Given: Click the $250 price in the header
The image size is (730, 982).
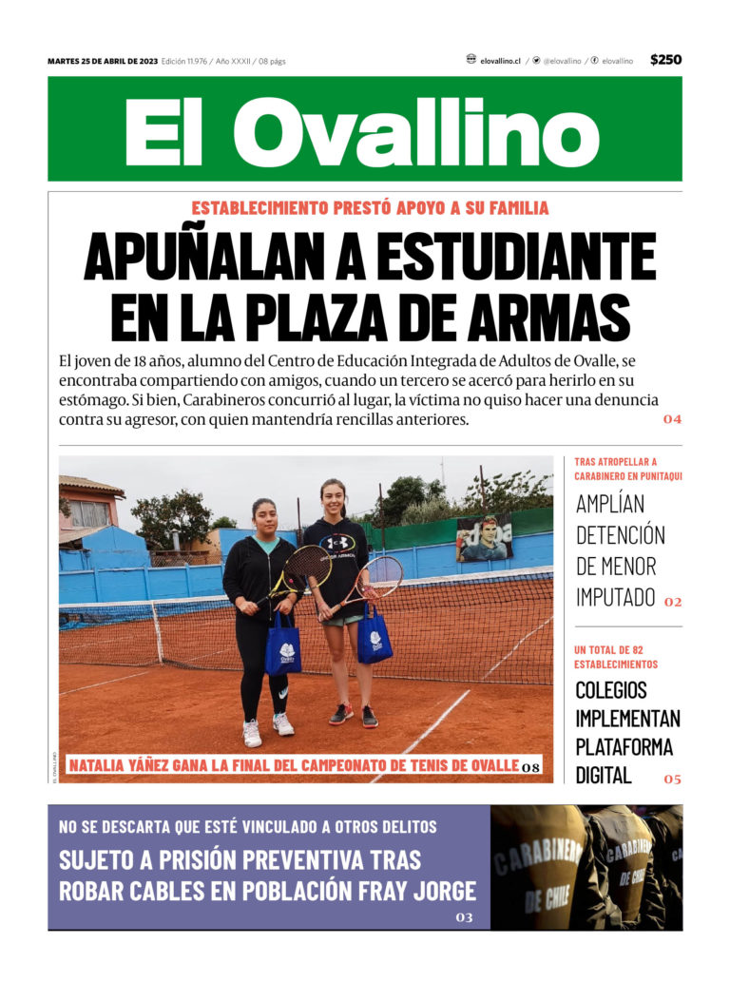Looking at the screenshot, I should pos(665,60).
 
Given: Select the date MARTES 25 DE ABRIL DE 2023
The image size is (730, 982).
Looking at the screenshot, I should pos(103,61).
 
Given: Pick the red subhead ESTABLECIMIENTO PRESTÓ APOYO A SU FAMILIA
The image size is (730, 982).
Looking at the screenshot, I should pos(370,208).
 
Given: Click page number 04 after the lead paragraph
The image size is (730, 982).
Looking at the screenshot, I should pos(672,419).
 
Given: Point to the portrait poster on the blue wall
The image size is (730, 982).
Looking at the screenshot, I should pos(484,539).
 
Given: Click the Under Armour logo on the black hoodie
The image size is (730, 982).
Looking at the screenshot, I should pos(338,543).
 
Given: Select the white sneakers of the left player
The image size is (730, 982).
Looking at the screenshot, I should pos(267,729).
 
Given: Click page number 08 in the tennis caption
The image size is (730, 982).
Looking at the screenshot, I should pos(531,767).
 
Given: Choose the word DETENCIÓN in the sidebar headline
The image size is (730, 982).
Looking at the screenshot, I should pos(621,534).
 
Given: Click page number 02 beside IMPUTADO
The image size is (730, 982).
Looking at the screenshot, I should pos(673,602).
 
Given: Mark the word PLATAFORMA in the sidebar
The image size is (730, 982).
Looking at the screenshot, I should pos(624,746).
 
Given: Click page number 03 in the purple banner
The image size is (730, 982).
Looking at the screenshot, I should pos(464,917).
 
